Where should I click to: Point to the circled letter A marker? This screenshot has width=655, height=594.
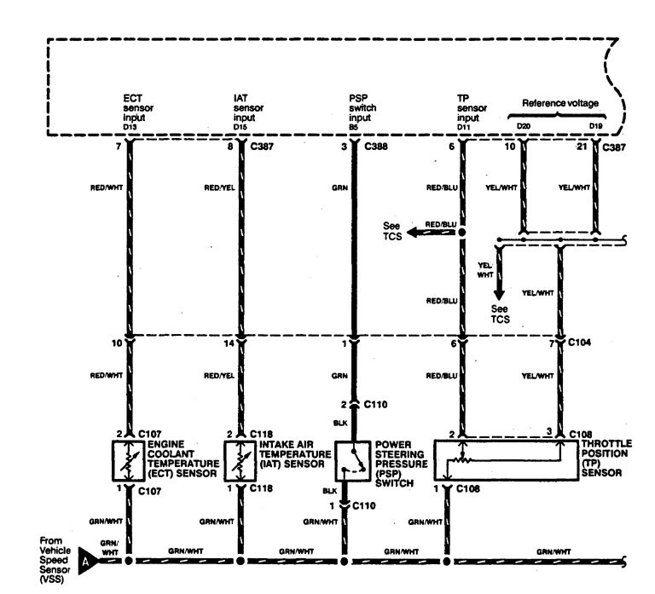85,562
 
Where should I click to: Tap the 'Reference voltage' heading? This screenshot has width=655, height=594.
559,103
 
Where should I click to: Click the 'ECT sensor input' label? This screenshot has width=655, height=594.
135,109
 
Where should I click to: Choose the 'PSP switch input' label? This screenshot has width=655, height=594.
362,109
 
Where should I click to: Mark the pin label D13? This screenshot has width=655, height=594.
129,127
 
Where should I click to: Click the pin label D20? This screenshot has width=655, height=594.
523,127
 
